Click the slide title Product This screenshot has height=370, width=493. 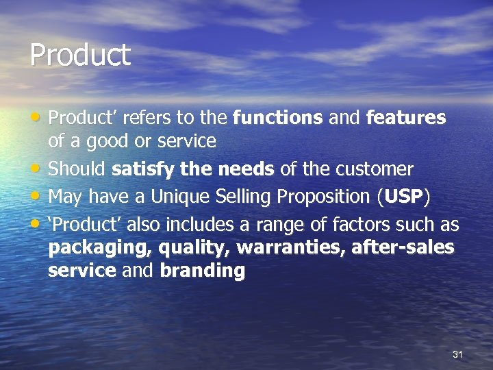point(80,56)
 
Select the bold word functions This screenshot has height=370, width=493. point(278,118)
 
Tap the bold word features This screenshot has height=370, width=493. point(406,118)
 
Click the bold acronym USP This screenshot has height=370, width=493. point(404,197)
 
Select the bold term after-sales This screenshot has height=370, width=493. point(403,247)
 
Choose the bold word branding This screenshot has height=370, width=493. point(202,271)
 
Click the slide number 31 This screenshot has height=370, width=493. point(458,354)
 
